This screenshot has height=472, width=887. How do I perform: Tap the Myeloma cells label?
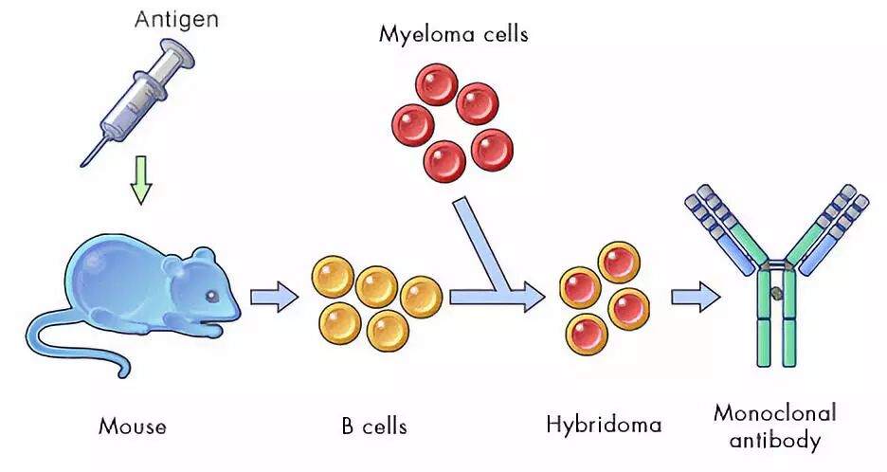[x=453, y=35]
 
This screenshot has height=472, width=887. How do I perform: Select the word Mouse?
[x=132, y=426]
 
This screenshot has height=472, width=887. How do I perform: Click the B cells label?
[x=374, y=426]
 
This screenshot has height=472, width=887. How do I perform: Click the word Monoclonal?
[x=774, y=413]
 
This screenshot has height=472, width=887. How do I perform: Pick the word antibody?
[x=775, y=440]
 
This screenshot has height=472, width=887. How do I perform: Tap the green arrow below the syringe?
[x=140, y=183]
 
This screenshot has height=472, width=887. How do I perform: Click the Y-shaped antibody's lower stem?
[x=775, y=327]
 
